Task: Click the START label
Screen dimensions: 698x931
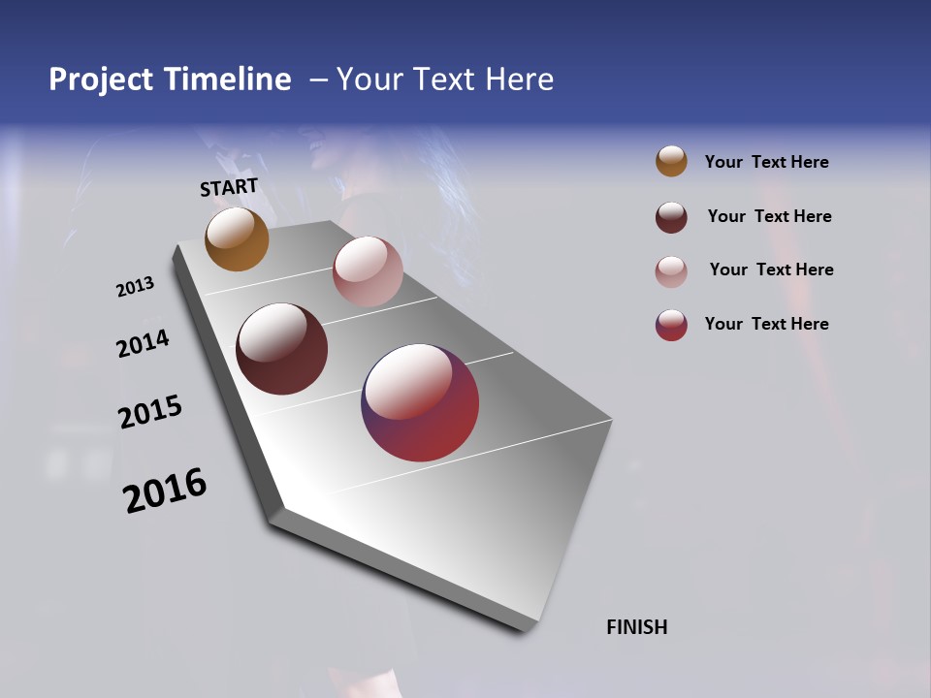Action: [x=229, y=187]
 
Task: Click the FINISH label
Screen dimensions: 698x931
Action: [x=636, y=627]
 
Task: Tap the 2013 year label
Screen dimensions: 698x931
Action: [x=135, y=287]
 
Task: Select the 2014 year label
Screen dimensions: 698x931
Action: [x=143, y=343]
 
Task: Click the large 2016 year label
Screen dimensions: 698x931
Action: [x=165, y=491]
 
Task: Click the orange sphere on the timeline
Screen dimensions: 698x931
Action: [x=237, y=238]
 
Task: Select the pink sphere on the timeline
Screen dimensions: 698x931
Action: [x=368, y=271]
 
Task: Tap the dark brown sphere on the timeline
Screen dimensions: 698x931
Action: [x=281, y=349]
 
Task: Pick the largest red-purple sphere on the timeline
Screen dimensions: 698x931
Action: [x=420, y=402]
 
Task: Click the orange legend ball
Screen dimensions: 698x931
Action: [x=671, y=161]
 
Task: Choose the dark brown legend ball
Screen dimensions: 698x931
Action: [x=671, y=217]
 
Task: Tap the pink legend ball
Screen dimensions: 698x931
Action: [x=671, y=271]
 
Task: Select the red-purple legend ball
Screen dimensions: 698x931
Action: [x=671, y=325]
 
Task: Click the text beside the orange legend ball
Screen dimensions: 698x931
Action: [x=766, y=162]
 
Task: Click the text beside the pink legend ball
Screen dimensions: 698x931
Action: [x=771, y=270]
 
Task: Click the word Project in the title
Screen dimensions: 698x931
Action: [x=101, y=79]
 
